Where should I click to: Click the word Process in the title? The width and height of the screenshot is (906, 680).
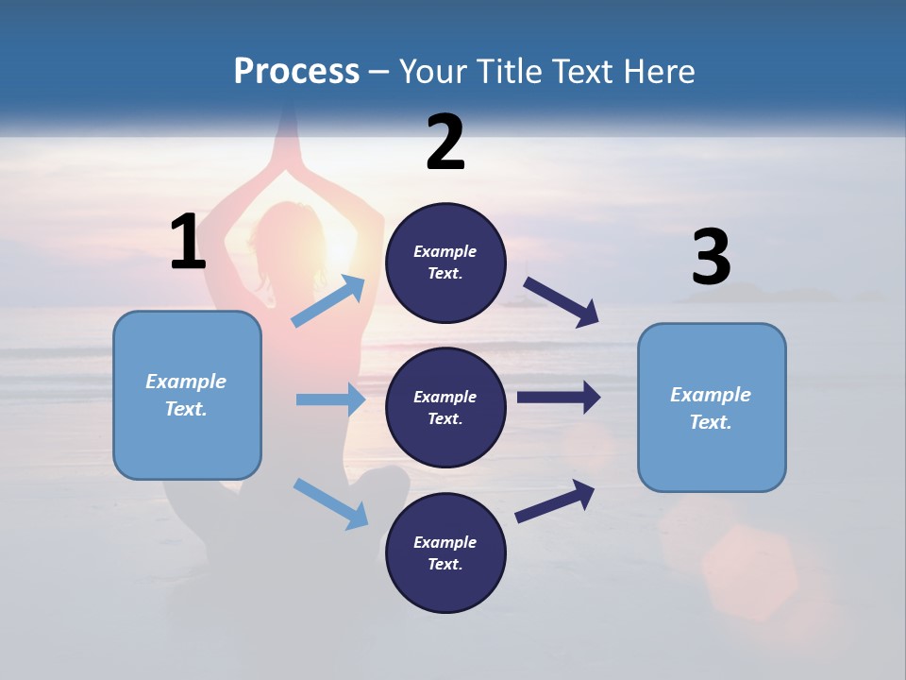(296, 71)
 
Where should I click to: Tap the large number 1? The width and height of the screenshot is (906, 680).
(187, 243)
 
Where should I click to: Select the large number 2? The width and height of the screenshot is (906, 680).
(445, 143)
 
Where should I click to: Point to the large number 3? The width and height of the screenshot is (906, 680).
(711, 258)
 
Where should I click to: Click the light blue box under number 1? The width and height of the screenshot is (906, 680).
(187, 395)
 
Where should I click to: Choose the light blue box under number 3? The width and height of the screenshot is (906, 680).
(712, 407)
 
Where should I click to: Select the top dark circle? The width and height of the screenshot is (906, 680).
(445, 263)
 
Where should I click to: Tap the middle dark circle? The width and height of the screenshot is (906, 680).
(445, 407)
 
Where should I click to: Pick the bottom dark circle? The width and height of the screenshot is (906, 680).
(445, 552)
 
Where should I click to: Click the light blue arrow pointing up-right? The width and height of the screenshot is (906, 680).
(328, 301)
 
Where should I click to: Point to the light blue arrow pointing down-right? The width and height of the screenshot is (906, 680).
(330, 503)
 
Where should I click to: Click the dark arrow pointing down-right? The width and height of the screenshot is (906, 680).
(562, 301)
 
